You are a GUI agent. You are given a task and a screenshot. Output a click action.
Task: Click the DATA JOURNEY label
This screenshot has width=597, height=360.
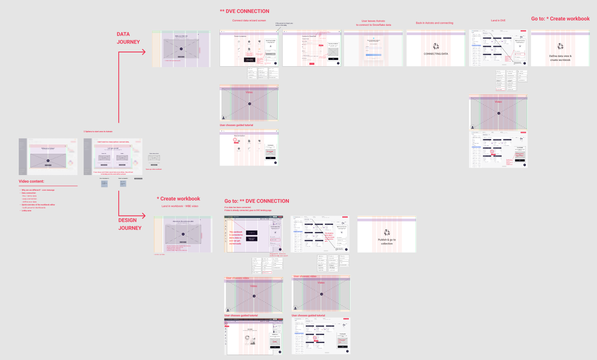pyautogui.click(x=128, y=38)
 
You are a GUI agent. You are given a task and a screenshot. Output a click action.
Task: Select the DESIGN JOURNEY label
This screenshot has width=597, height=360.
pyautogui.click(x=130, y=224)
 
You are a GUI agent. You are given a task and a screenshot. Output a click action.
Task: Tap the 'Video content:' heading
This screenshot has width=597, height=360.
pyautogui.click(x=31, y=181)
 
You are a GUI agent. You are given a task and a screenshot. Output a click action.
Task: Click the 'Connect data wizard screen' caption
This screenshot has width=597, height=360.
pyautogui.click(x=249, y=20)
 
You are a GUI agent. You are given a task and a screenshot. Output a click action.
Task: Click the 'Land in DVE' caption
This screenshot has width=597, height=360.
pyautogui.click(x=498, y=20)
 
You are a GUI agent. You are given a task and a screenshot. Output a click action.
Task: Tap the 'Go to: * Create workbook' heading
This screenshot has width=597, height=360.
pyautogui.click(x=560, y=19)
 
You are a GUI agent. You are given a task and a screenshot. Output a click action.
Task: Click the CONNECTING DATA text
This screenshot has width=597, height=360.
pyautogui.click(x=436, y=54)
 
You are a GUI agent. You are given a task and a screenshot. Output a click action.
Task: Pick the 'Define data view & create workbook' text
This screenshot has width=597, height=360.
pyautogui.click(x=560, y=58)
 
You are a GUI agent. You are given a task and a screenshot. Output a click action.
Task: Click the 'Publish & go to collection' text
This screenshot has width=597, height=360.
pyautogui.click(x=387, y=241)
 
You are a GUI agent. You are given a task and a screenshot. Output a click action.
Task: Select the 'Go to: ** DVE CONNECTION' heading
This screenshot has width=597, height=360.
pyautogui.click(x=256, y=201)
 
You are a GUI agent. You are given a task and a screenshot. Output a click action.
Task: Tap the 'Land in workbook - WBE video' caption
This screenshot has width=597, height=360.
pyautogui.click(x=180, y=206)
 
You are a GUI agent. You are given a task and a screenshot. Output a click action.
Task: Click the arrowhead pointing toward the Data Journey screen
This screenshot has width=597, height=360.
pyautogui.click(x=143, y=52)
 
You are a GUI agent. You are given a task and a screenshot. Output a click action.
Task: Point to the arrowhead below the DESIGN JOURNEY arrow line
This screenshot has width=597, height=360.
pyautogui.click(x=143, y=216)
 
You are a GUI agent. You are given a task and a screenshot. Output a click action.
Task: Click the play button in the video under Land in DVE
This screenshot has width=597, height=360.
pyautogui.click(x=499, y=113)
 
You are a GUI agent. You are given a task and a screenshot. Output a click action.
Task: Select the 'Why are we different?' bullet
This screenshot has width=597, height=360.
pyautogui.click(x=37, y=190)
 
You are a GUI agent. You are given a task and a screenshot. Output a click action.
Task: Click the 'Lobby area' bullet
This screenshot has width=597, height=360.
pyautogui.click(x=26, y=210)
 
